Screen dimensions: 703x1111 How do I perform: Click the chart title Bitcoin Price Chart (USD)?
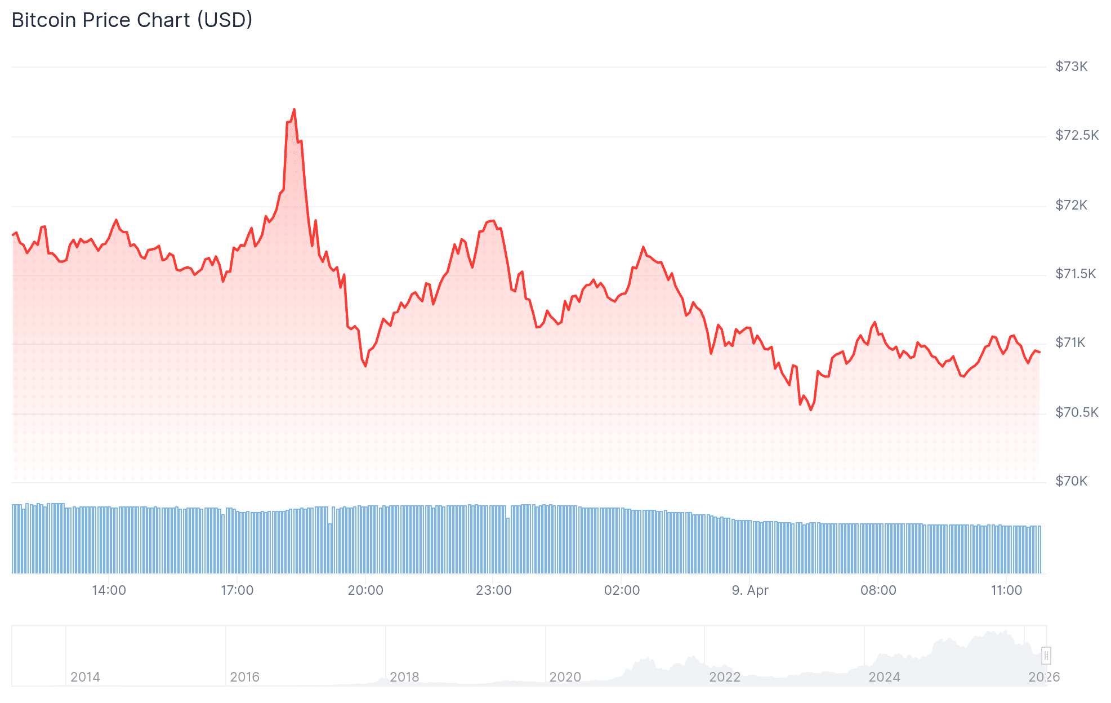(x=132, y=20)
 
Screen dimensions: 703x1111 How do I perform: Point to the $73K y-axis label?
(x=1071, y=66)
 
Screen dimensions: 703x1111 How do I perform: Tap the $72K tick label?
(x=1071, y=205)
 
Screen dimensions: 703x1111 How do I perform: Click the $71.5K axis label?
(x=1076, y=274)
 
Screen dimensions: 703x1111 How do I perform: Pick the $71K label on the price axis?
(x=1070, y=342)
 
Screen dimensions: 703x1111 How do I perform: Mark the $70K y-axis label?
(x=1071, y=481)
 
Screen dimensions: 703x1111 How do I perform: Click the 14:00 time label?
(x=109, y=590)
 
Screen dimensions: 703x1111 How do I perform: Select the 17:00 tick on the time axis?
(x=237, y=590)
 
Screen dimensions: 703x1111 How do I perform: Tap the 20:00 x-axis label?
(x=365, y=590)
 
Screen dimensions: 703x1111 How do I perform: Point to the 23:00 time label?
(x=494, y=590)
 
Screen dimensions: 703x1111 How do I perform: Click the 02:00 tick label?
(x=622, y=590)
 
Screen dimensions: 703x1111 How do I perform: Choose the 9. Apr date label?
(x=750, y=590)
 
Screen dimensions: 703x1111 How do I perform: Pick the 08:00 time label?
(x=878, y=590)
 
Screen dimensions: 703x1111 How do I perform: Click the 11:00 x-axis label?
(x=1006, y=590)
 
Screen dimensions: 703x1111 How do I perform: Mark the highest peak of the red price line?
(x=294, y=110)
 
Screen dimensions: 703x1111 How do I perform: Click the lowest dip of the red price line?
(x=811, y=410)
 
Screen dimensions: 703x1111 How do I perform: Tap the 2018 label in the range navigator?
(x=404, y=677)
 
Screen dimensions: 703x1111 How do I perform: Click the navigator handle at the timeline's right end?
(x=1046, y=655)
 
